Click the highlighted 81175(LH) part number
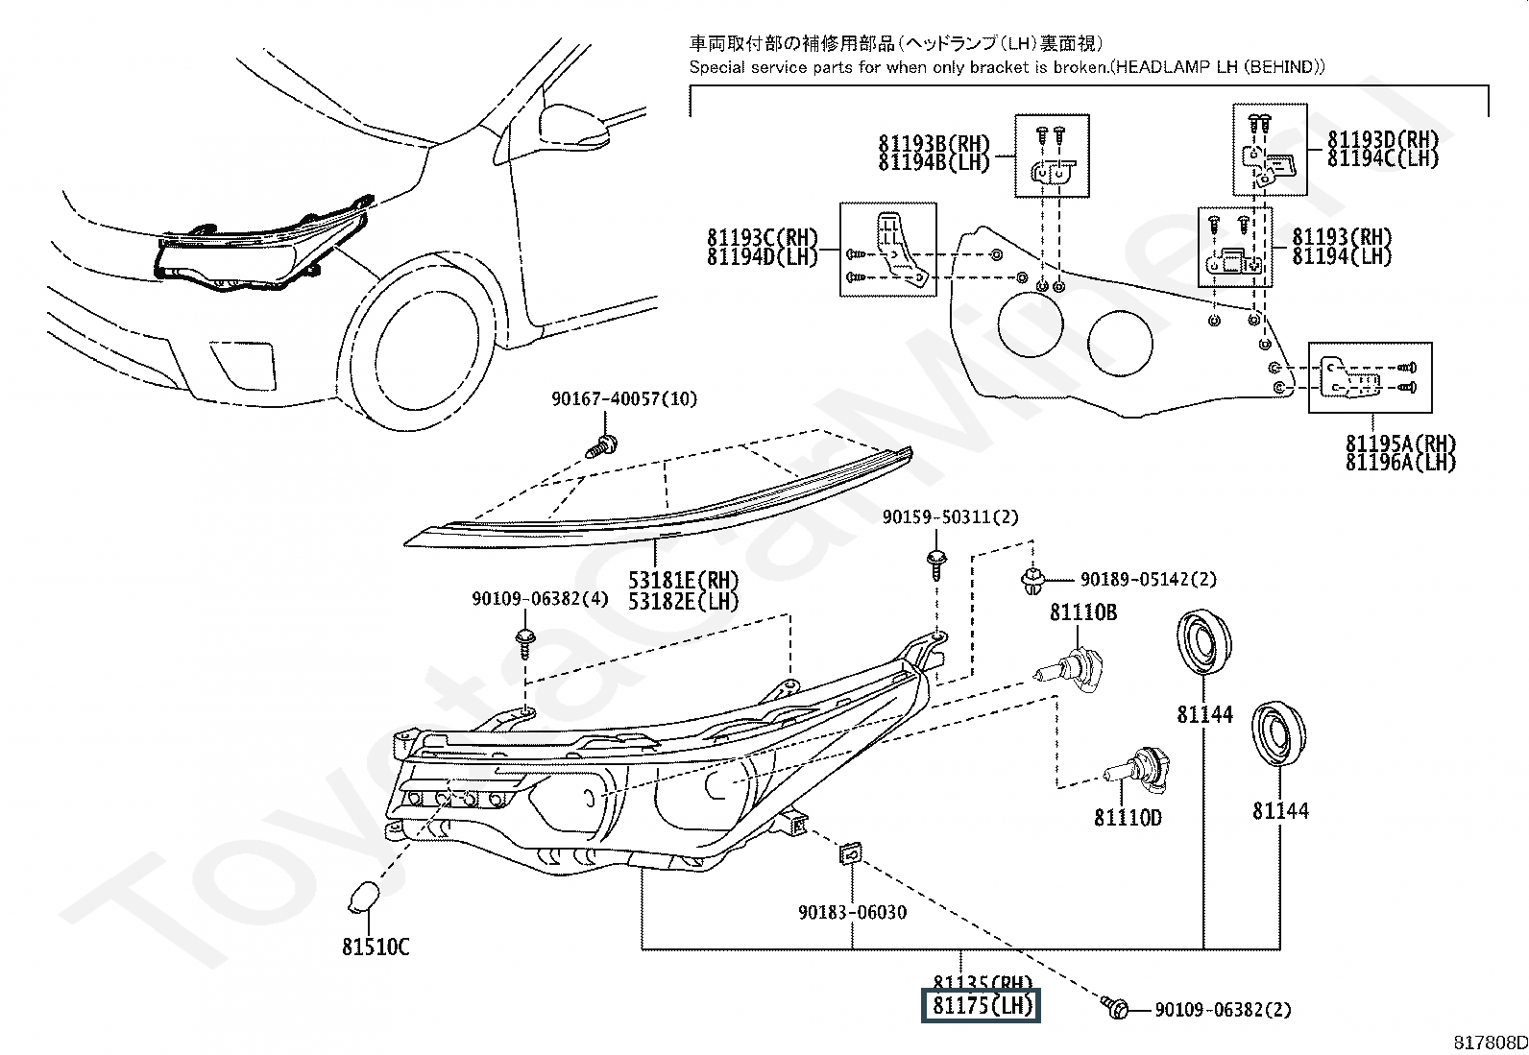(981, 1006)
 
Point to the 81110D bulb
(1135, 767)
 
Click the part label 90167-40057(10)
(624, 398)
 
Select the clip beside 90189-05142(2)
(1031, 581)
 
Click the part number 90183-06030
(852, 912)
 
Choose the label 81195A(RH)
(1400, 444)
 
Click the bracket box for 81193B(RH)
(1053, 156)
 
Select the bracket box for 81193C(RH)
(887, 249)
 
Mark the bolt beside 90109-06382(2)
(1116, 1009)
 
